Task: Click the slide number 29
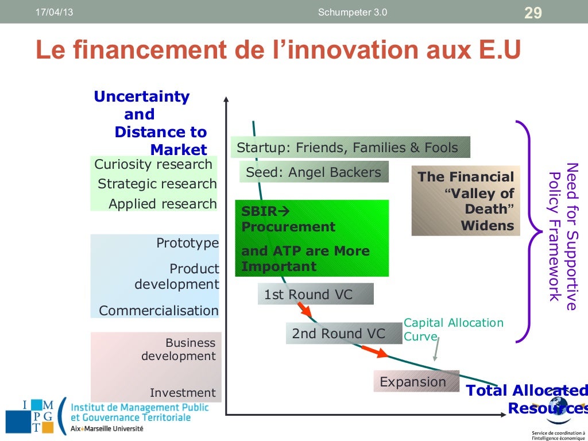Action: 533,13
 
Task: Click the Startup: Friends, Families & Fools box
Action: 350,148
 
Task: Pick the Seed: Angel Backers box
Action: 314,172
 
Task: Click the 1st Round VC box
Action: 315,295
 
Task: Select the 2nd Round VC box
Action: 343,334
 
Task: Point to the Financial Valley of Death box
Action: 466,201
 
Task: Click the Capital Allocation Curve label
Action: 453,330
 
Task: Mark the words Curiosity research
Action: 153,164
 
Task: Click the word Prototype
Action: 187,243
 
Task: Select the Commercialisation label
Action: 158,311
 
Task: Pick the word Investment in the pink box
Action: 183,393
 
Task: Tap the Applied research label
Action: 163,204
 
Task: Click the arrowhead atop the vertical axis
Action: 227,99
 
